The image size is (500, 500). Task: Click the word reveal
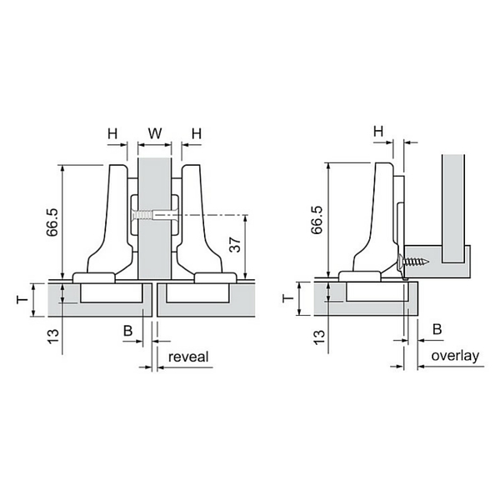point(188,357)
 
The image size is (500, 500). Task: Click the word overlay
point(455,356)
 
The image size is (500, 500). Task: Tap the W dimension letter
point(155,133)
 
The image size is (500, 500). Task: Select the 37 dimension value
point(236,244)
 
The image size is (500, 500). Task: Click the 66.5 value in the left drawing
point(52,222)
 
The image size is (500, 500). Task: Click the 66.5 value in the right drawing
point(317,220)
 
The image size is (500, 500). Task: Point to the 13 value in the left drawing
point(53,337)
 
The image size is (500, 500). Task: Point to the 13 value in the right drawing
point(319,337)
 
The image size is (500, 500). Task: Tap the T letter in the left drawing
point(22,300)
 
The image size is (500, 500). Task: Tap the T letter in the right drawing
point(288,298)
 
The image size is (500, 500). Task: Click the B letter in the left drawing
point(127,331)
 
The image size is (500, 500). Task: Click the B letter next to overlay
point(437,329)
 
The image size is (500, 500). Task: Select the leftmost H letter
point(112,133)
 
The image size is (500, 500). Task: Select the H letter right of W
point(197,133)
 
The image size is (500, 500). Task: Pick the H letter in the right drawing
point(378,131)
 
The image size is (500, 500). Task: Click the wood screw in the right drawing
point(413,262)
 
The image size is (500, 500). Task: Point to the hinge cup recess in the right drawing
point(377,292)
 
